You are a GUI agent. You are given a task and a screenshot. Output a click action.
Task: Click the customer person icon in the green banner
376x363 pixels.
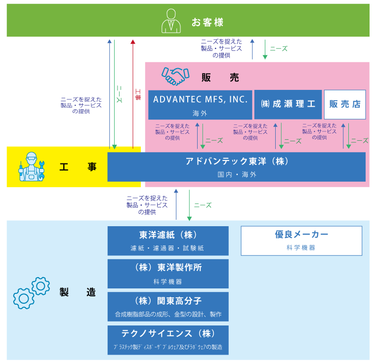coord(171,21)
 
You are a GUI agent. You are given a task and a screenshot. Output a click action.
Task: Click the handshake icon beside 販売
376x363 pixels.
coord(175,76)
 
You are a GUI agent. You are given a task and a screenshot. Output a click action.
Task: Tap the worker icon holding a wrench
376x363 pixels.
coord(32,166)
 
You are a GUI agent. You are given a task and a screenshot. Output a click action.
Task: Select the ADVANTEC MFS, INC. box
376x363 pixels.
coord(200,105)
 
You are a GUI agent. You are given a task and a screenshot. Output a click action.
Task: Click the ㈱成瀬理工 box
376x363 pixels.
coord(288,105)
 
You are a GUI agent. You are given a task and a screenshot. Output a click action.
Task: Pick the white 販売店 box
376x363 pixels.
coord(345,105)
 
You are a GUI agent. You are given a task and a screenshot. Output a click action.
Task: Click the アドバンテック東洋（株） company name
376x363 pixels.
coord(237,161)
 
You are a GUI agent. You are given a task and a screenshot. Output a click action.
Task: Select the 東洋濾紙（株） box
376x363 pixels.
coord(168,241)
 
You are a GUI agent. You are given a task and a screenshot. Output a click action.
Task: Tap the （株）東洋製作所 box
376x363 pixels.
coord(168,274)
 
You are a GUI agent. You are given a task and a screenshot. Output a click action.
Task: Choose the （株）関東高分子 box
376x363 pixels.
coord(168,307)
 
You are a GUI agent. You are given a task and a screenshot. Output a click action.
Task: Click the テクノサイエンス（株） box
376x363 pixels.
coord(168,340)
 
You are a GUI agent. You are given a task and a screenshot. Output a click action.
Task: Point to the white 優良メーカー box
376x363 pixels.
coord(301,241)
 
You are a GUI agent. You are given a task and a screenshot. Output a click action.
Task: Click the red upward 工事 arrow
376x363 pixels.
coord(133,94)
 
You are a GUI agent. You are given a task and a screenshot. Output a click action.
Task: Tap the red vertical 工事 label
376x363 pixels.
coord(138,94)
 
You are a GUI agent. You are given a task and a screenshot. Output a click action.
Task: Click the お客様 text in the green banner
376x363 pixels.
coord(208,22)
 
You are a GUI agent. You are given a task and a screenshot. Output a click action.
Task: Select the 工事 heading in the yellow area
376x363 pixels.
coord(78,166)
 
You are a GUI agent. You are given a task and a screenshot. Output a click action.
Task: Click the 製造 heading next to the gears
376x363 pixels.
coord(78,292)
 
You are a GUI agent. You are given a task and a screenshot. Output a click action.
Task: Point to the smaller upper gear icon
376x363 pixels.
coord(41,286)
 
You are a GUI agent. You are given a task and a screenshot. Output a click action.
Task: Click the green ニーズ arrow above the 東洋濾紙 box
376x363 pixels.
coord(189,205)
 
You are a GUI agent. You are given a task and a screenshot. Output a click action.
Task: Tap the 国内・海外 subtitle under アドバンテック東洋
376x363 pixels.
coord(237,174)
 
